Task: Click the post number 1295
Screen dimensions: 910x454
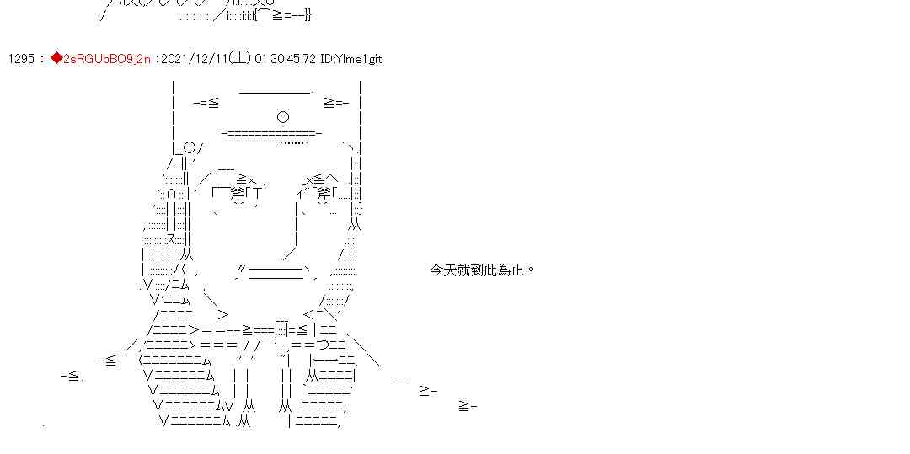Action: pyautogui.click(x=21, y=59)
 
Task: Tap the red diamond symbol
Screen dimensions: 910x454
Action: pyautogui.click(x=56, y=59)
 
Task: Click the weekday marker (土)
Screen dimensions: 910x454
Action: pyautogui.click(x=240, y=59)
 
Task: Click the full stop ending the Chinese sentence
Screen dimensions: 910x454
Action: pyautogui.click(x=529, y=270)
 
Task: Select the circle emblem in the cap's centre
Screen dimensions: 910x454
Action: pyautogui.click(x=283, y=117)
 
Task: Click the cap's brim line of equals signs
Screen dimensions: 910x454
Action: pyautogui.click(x=271, y=133)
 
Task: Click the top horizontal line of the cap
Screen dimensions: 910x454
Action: pyautogui.click(x=275, y=92)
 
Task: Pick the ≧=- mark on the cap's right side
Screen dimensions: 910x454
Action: pyautogui.click(x=335, y=103)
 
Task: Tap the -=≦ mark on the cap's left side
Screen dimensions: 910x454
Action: pyautogui.click(x=206, y=103)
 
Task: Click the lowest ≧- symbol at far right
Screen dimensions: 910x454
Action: pyautogui.click(x=468, y=406)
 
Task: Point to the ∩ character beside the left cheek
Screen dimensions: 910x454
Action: pyautogui.click(x=171, y=194)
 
